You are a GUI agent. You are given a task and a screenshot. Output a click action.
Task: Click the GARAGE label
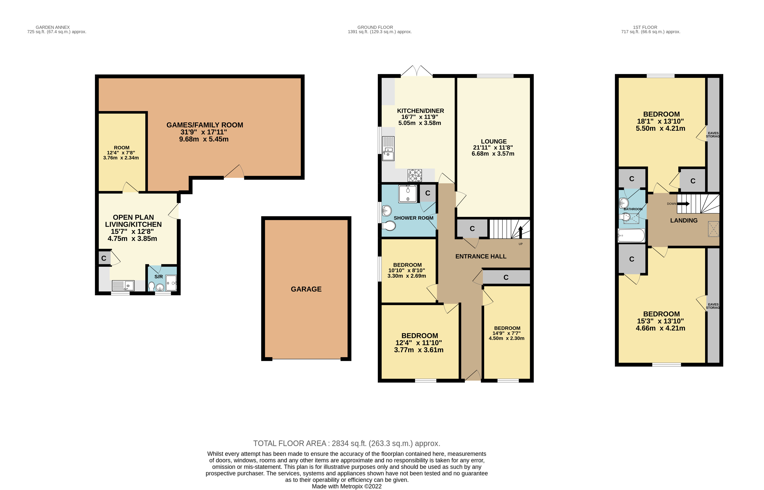click(306, 289)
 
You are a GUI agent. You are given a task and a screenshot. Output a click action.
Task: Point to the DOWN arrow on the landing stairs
click(683, 204)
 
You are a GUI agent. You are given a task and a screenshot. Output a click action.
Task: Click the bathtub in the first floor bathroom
click(631, 236)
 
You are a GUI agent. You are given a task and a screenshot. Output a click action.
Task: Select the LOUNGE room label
click(494, 141)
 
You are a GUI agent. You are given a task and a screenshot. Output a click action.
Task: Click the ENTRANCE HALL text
click(481, 256)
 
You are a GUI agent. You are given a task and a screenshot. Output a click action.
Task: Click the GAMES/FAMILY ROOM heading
click(205, 125)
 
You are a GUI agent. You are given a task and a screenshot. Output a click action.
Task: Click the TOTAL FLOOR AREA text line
click(346, 443)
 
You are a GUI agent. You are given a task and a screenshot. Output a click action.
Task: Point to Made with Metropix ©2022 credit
click(346, 486)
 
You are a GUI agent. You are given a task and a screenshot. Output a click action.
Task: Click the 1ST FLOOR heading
click(645, 27)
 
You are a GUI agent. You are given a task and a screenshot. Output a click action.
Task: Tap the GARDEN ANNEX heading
click(53, 27)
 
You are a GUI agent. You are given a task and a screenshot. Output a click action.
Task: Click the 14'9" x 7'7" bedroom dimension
click(507, 333)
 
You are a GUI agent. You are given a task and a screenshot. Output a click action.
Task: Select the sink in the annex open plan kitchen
click(123, 285)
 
